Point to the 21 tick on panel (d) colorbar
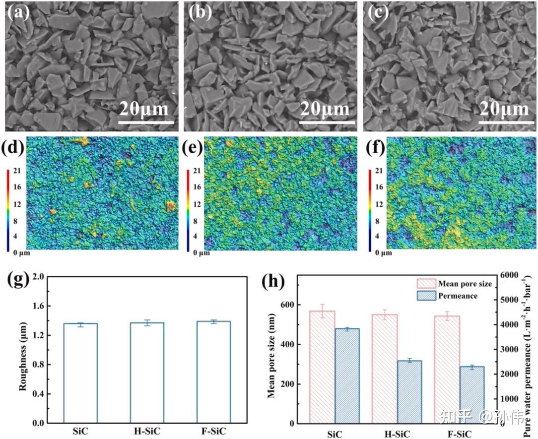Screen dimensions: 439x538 [x=16, y=171]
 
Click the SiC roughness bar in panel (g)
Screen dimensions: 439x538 [x=80, y=373]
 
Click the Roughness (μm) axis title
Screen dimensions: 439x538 [x=22, y=350]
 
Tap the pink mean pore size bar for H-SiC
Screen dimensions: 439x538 [x=384, y=368]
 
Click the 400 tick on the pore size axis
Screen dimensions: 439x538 [x=288, y=344]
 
